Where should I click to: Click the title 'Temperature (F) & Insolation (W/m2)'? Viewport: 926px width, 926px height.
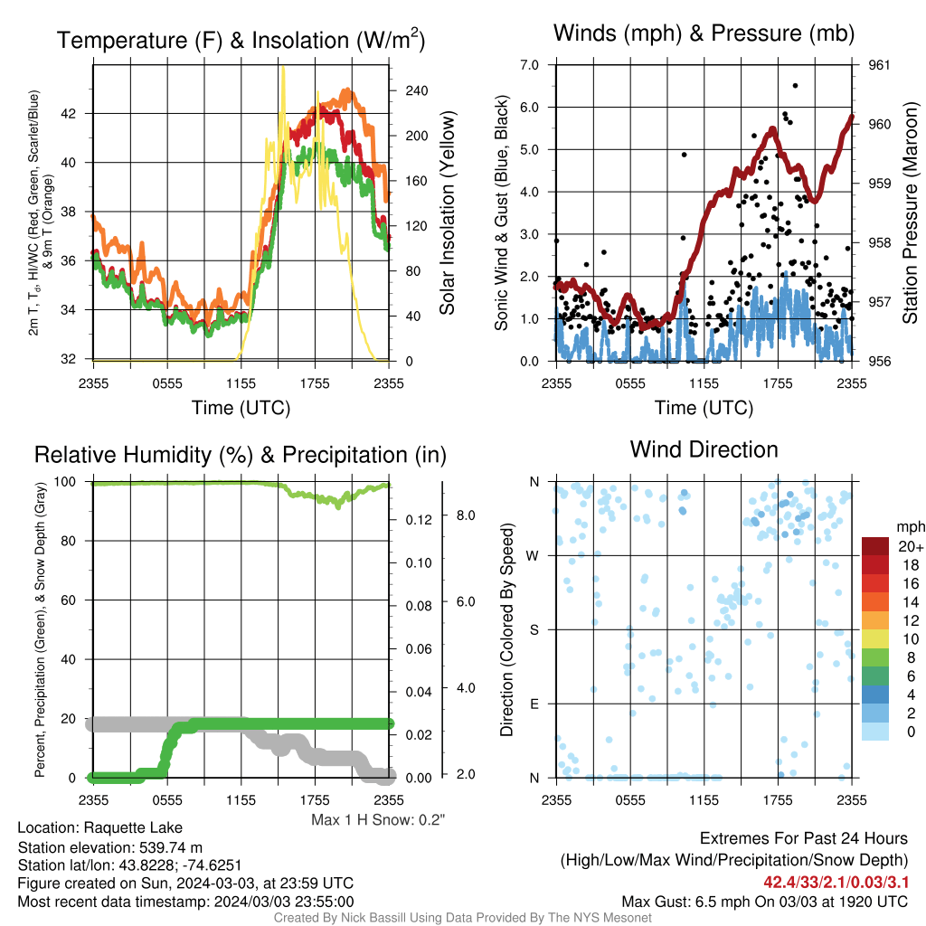tap(241, 40)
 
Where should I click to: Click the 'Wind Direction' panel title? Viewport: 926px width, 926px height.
tap(704, 449)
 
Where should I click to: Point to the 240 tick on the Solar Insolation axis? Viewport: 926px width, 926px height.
tap(417, 91)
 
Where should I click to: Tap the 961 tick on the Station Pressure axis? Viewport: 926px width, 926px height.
tap(879, 65)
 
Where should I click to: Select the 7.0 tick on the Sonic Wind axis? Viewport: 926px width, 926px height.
tap(529, 65)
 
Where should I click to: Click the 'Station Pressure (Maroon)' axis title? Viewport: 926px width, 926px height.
tap(910, 213)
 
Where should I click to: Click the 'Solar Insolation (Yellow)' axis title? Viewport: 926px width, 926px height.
tap(447, 213)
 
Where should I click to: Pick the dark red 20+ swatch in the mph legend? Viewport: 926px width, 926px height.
tap(875, 546)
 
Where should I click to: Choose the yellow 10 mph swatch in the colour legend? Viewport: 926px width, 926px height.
tap(875, 639)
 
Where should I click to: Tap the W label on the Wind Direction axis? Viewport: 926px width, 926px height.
tap(533, 556)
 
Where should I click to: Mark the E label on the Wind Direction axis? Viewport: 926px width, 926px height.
tap(534, 704)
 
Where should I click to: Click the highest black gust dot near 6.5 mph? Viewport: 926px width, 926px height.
tap(796, 86)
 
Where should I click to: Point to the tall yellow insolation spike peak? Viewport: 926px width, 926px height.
tap(283, 67)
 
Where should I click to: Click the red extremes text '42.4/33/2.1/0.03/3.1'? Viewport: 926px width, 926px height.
tap(836, 883)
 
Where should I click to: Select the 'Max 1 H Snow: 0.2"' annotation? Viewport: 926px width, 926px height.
tap(378, 819)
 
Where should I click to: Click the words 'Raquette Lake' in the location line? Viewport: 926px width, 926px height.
tap(133, 827)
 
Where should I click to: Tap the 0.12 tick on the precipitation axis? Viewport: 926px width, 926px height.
tap(419, 520)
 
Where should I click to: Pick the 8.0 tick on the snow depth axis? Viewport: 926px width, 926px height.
tap(466, 515)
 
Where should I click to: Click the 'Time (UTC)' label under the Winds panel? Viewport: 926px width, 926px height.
tap(704, 408)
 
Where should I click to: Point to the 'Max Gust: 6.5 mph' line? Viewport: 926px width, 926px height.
tap(765, 902)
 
